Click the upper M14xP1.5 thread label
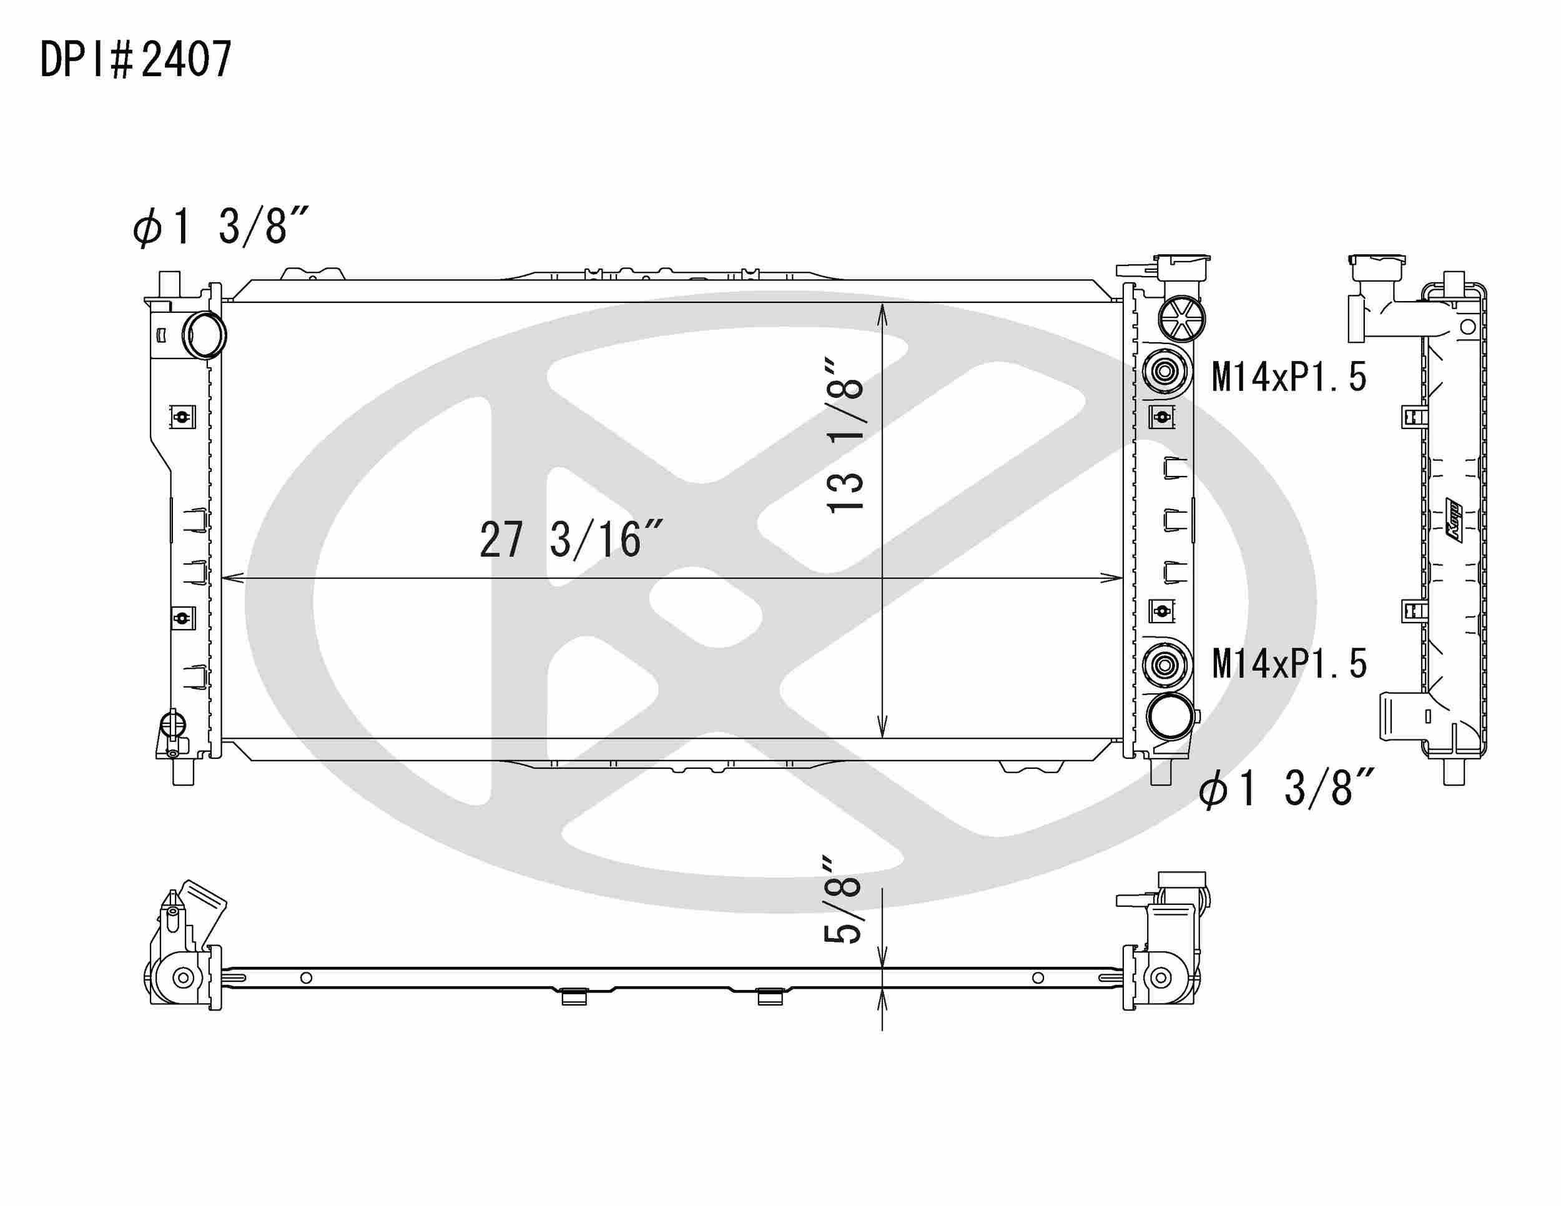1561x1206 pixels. click(x=1289, y=377)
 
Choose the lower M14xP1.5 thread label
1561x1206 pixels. click(x=1289, y=663)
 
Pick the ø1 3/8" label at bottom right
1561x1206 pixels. click(x=1286, y=789)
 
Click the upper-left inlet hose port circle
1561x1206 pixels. click(x=205, y=335)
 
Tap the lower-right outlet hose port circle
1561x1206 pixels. click(x=1170, y=716)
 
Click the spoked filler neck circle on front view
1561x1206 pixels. click(x=1183, y=319)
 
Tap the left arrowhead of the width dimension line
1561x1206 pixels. click(x=233, y=578)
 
